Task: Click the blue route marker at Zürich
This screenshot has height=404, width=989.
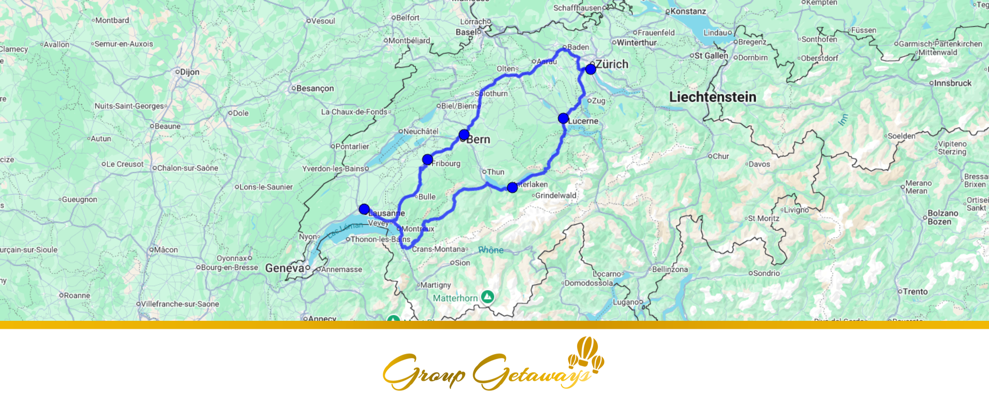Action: [590, 69]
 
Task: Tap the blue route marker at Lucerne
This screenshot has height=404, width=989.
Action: [563, 118]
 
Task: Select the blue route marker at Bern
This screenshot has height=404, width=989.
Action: [464, 135]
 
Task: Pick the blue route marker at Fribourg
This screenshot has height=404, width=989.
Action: [428, 159]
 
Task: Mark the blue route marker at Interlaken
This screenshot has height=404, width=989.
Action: [512, 187]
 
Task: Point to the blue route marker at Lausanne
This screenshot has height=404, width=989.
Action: [364, 209]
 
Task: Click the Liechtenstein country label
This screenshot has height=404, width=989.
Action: [713, 97]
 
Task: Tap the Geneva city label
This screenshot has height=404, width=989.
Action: [284, 268]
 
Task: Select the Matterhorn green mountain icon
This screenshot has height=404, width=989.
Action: [488, 297]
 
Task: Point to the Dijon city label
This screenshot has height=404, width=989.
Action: [189, 72]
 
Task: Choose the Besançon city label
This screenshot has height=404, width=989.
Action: [315, 89]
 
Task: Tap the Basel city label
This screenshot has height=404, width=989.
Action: [466, 32]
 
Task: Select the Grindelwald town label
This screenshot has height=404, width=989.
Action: [555, 196]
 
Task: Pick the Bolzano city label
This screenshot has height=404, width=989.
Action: [943, 217]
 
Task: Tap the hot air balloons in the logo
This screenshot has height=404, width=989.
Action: [586, 353]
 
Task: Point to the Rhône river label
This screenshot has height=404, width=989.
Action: [491, 250]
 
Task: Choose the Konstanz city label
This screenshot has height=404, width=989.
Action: [688, 11]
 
